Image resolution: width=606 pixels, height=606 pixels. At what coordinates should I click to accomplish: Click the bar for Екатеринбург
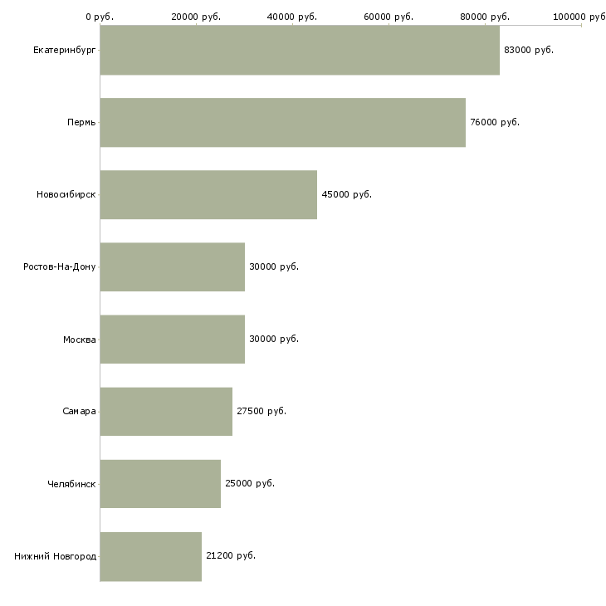[300, 50]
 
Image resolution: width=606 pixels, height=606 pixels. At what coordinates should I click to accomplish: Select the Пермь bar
[283, 122]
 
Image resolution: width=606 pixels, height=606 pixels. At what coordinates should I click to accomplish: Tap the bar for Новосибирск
[208, 194]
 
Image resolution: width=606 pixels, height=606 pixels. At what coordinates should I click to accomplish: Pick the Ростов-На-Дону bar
[173, 266]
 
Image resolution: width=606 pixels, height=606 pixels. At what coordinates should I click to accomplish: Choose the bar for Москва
[173, 339]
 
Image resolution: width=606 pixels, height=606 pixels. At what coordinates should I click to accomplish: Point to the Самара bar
[166, 411]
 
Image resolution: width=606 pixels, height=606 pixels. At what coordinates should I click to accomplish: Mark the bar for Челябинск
[160, 483]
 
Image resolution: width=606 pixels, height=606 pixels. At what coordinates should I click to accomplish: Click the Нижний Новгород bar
[151, 556]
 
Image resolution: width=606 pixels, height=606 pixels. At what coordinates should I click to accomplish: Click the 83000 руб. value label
[529, 51]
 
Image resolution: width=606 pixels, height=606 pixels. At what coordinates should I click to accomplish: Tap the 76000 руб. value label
[495, 123]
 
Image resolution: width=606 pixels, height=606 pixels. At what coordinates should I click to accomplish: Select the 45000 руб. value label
[347, 194]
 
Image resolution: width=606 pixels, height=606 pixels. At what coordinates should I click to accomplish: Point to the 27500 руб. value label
[261, 411]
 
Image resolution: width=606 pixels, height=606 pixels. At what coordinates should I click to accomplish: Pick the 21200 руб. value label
[231, 555]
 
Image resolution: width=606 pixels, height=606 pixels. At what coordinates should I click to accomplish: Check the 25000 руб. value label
[250, 483]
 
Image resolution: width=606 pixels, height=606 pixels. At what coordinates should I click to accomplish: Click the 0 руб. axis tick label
[100, 17]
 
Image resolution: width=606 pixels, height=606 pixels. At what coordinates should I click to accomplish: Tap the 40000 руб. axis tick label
[292, 17]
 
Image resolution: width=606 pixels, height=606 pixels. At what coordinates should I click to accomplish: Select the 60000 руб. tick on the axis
[389, 17]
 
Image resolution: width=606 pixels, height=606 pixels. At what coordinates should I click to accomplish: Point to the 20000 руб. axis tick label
[196, 17]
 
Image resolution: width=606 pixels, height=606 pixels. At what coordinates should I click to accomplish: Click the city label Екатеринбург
[64, 51]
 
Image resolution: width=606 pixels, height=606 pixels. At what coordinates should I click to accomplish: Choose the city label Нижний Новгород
[56, 556]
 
